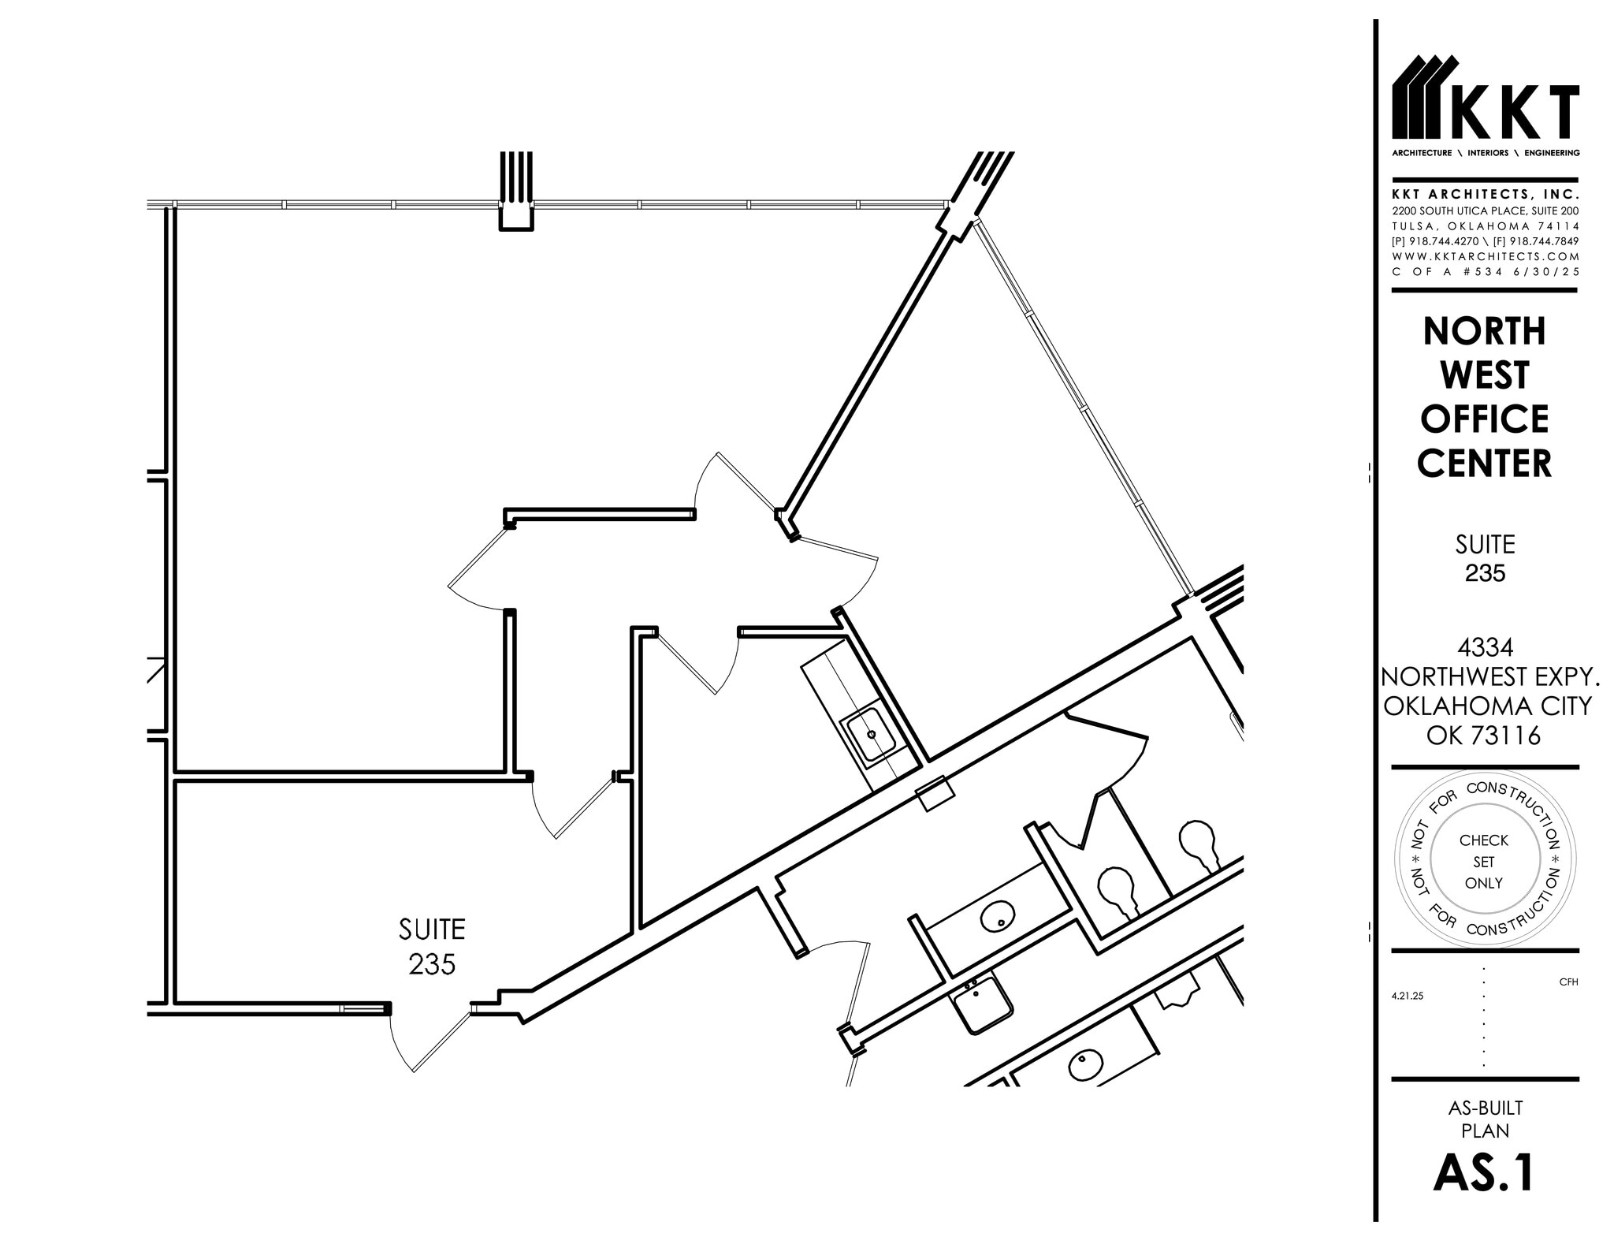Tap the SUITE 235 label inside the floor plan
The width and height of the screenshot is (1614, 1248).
click(x=432, y=946)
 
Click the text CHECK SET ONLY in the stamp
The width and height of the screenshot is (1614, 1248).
click(x=1484, y=862)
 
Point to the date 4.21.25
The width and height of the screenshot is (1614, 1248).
click(x=1408, y=996)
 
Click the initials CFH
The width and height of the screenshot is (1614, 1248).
click(x=1568, y=982)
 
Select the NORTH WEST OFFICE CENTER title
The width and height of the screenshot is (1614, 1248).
click(x=1485, y=397)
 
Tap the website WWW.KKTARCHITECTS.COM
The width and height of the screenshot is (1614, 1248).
click(x=1486, y=256)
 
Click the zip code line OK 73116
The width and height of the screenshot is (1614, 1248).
click(x=1484, y=736)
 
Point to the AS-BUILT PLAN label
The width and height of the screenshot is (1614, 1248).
click(x=1485, y=1119)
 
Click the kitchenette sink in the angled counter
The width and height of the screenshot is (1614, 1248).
click(x=870, y=735)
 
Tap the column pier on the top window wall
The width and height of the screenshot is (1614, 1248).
click(x=516, y=193)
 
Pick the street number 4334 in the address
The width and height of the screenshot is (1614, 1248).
click(x=1485, y=647)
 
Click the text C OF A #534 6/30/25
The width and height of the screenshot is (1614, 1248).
click(x=1486, y=271)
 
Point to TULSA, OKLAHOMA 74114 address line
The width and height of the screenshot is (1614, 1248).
click(x=1486, y=226)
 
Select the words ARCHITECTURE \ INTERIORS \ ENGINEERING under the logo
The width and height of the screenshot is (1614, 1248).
click(x=1486, y=153)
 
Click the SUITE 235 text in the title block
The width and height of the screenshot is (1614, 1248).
click(x=1485, y=558)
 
